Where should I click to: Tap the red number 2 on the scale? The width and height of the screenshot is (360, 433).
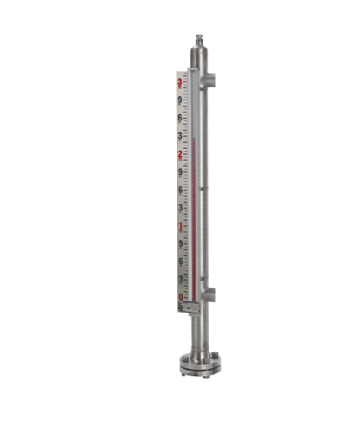coord(179,155)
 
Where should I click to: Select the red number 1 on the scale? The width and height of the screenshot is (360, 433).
coord(180,227)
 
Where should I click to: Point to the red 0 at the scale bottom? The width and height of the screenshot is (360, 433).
coord(180,297)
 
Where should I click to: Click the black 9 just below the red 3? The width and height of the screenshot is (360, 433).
coord(179,100)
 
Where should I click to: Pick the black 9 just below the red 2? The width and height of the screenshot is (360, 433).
coord(180,172)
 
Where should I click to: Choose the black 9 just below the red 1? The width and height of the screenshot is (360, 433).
coord(180,243)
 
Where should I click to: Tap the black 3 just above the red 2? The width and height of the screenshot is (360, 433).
coord(179,137)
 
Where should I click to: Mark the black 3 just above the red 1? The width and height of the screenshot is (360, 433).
coord(180,209)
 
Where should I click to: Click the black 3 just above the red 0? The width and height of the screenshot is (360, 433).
coord(180,280)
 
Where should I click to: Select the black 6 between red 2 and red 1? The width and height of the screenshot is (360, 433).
coord(180,190)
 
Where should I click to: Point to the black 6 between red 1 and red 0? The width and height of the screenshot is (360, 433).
coord(180,262)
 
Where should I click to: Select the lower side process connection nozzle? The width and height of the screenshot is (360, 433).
coord(211,295)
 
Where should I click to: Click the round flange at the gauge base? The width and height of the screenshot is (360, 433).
coord(200,365)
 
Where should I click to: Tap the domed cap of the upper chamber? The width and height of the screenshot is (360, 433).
coord(199,53)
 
